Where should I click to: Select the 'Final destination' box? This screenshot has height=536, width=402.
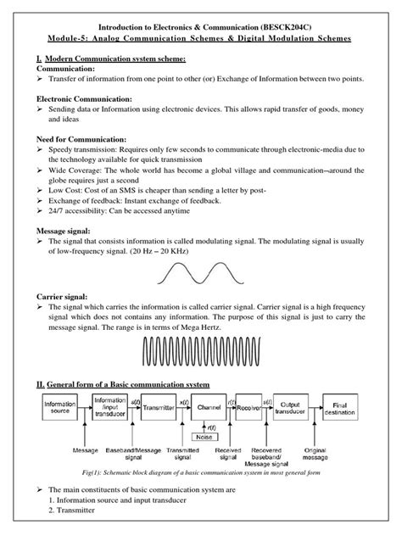click(x=367, y=410)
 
